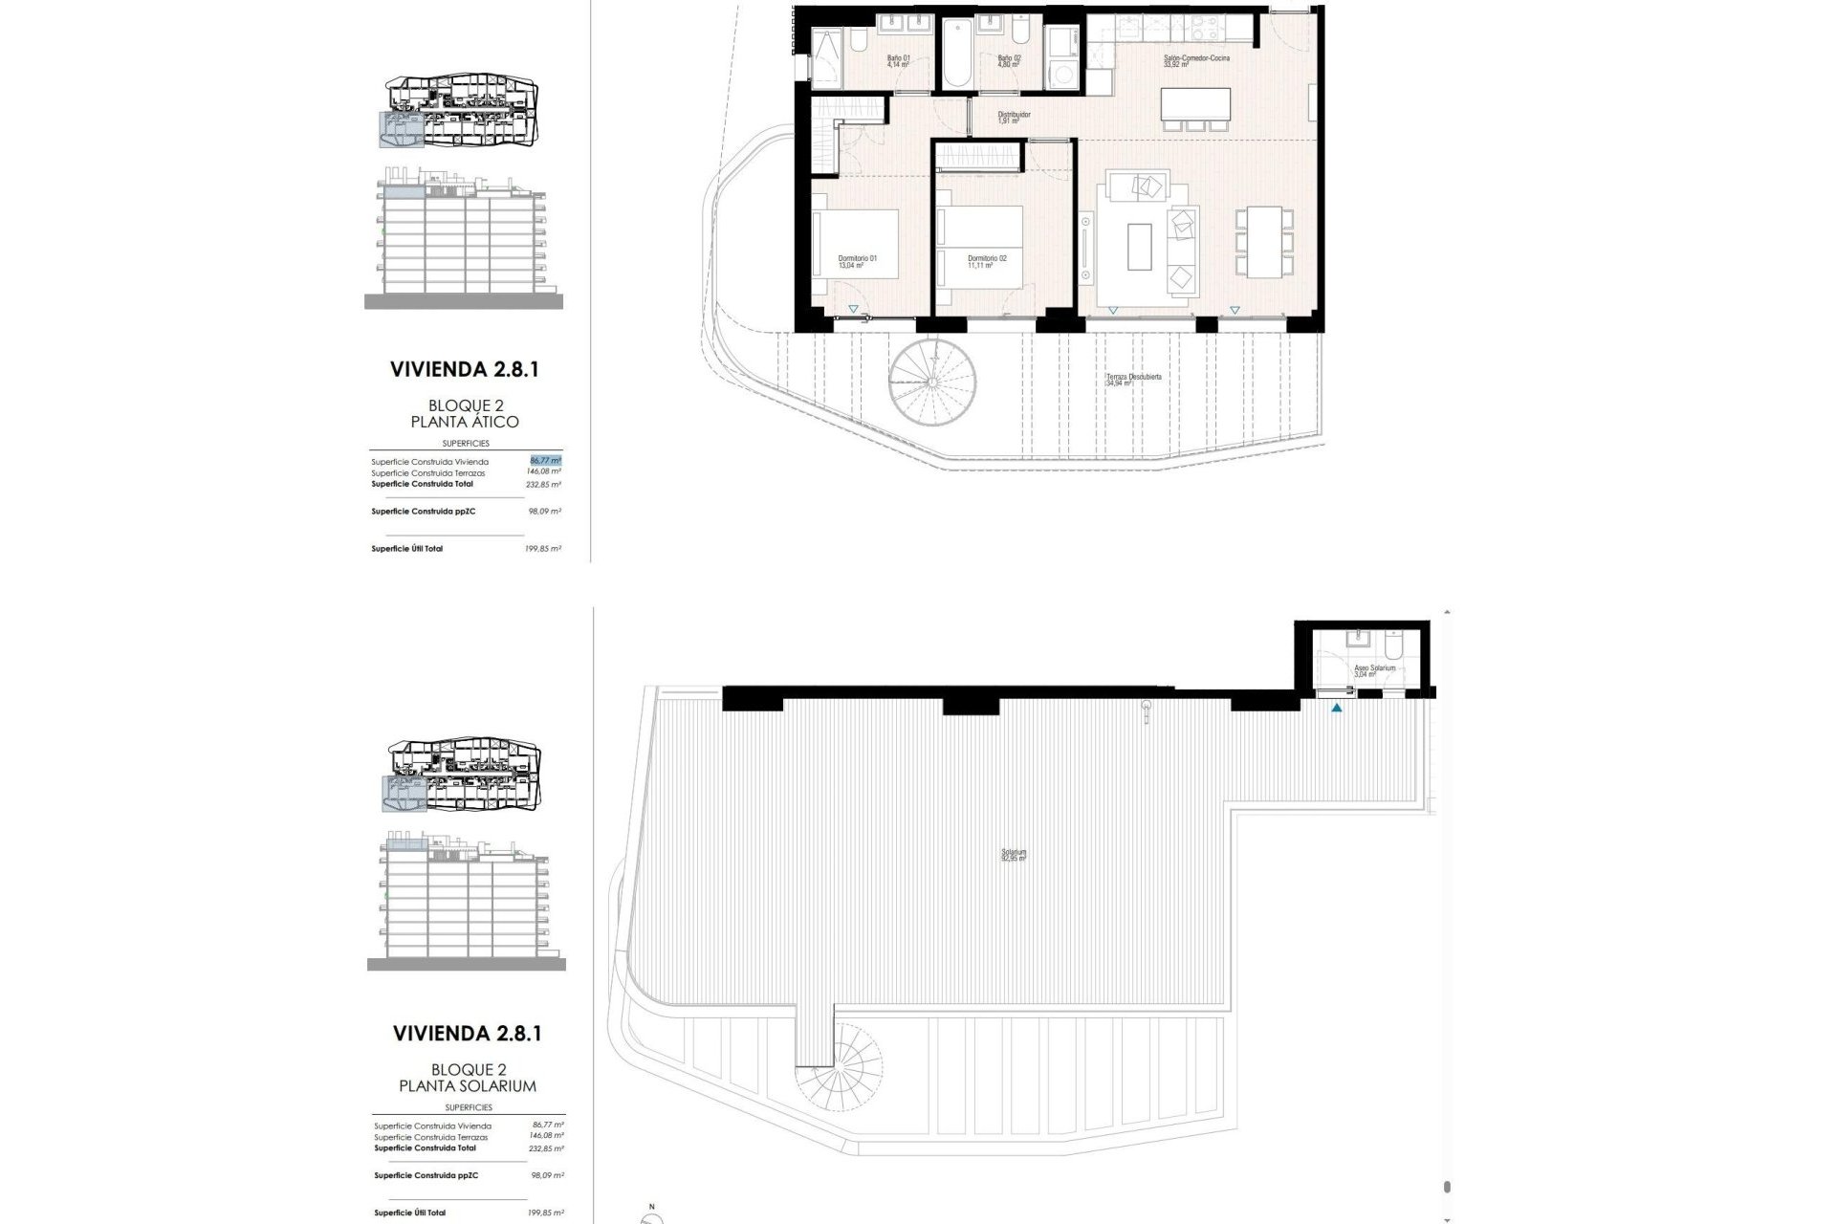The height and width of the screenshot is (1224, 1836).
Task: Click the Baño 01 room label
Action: coord(897,62)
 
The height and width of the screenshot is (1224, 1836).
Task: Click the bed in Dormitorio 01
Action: coord(856,243)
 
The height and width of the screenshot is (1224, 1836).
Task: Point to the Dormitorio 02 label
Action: coord(986,261)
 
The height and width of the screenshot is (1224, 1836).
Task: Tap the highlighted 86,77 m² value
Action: coord(545,460)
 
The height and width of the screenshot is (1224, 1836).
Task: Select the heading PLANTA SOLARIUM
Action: coord(467,1086)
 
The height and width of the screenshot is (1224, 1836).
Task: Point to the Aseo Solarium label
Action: coord(1374,670)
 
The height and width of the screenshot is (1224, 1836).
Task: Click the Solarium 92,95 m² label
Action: coord(1014,855)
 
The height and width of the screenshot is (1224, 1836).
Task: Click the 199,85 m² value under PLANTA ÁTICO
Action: coord(545,549)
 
